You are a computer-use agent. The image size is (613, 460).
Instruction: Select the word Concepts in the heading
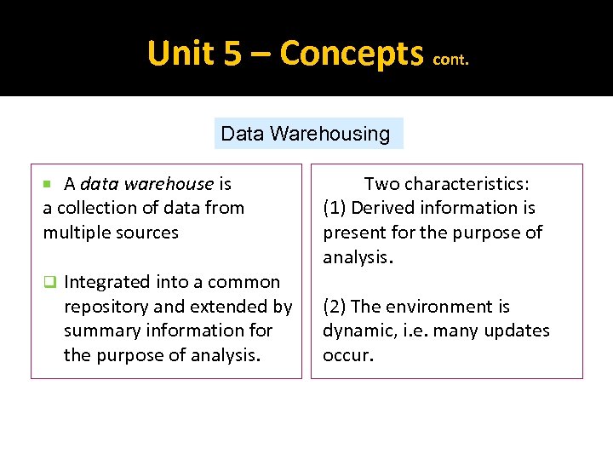[352, 54]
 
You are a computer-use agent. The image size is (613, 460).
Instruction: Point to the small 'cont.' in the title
[450, 60]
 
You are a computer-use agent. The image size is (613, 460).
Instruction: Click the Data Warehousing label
[305, 134]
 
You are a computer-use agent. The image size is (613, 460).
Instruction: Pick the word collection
[96, 208]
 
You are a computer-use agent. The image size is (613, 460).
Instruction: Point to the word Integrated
[106, 282]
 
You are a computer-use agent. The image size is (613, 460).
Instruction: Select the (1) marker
[335, 208]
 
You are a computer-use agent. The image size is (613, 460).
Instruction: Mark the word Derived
[381, 208]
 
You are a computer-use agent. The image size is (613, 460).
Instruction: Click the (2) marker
[335, 307]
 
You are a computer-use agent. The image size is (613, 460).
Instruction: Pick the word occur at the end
[346, 355]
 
